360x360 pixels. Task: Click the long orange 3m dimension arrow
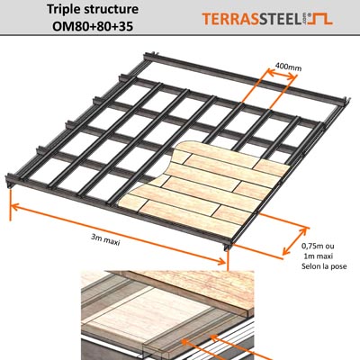(117, 233)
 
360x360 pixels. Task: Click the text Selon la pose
(317, 269)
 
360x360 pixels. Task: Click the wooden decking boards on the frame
(207, 184)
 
